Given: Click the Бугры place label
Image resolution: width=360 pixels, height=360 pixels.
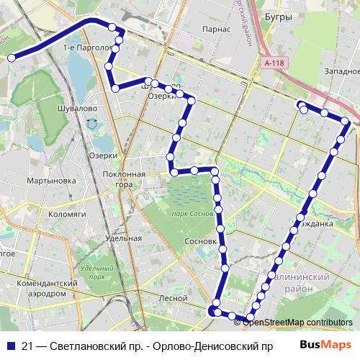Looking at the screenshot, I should [279, 16].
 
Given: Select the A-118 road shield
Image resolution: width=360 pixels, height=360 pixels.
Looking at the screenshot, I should [274, 63].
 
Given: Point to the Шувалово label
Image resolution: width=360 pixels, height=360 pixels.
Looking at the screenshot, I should [72, 107].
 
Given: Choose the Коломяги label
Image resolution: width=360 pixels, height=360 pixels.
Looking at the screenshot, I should [69, 212].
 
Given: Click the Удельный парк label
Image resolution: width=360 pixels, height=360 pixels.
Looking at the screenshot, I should [93, 272].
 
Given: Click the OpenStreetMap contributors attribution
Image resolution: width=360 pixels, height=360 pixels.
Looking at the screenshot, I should [297, 322].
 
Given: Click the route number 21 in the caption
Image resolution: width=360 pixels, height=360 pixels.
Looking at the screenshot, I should [27, 346].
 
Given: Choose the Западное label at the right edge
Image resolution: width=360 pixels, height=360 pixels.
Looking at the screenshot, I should [341, 71].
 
